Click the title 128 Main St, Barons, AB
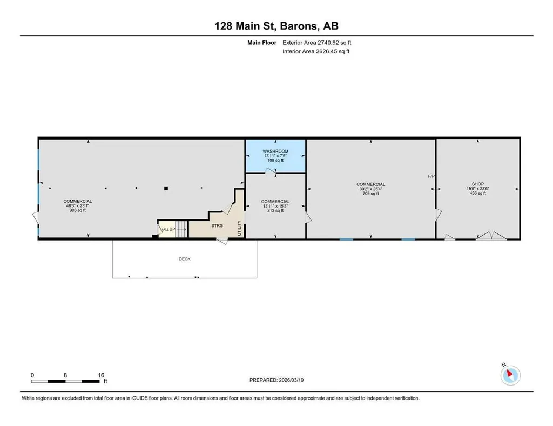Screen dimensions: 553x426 [x=276, y=26]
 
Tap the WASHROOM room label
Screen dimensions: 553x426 [x=275, y=151]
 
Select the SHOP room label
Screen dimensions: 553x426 [x=478, y=184]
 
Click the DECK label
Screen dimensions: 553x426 [x=185, y=259]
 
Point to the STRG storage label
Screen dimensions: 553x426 [x=217, y=226]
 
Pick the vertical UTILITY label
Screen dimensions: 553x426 [x=239, y=228]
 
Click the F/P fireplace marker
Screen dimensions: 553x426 [x=431, y=176]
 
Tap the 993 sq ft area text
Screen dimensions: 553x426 [x=78, y=210]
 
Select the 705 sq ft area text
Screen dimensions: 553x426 [x=370, y=193]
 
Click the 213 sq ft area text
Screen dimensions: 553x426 [x=275, y=210]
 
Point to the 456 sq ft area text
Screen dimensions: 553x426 [x=478, y=193]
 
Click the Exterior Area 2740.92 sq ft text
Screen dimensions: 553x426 [x=316, y=43]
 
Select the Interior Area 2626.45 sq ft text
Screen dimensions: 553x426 [x=316, y=51]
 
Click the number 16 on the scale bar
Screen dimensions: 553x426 [x=101, y=375]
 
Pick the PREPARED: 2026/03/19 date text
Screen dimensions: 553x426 [x=276, y=380]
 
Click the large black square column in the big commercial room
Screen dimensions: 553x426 [x=166, y=188]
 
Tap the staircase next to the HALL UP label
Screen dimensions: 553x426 [x=181, y=229]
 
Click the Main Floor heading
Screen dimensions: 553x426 [x=262, y=43]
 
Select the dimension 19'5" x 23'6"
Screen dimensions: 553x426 [x=478, y=189]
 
